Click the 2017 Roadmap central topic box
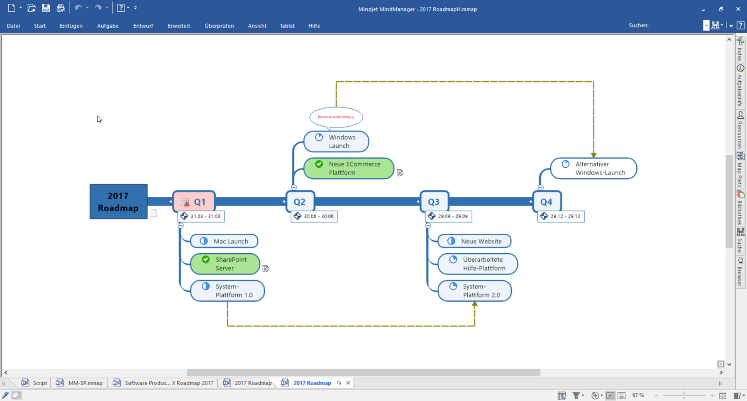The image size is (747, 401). (x=118, y=202)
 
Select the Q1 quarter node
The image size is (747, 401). (x=194, y=202)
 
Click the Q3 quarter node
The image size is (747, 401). (x=434, y=202)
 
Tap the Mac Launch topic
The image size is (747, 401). (x=224, y=241)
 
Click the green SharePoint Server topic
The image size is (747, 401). (x=225, y=264)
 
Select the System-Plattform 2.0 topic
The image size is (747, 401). (x=475, y=291)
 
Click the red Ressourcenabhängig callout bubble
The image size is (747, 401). (x=336, y=117)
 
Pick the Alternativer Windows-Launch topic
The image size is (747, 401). (x=593, y=168)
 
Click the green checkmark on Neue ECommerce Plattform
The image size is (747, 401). (x=319, y=164)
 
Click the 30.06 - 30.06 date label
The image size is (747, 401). (x=315, y=216)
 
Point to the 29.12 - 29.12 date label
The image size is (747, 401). (x=561, y=216)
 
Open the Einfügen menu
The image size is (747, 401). (x=71, y=26)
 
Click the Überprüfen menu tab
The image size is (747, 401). (x=219, y=26)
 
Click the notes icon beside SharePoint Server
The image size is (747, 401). (x=266, y=269)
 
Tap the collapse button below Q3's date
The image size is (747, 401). (x=428, y=225)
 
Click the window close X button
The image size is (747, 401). (x=738, y=9)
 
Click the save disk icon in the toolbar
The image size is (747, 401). (x=46, y=7)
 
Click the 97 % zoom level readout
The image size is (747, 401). (x=638, y=395)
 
